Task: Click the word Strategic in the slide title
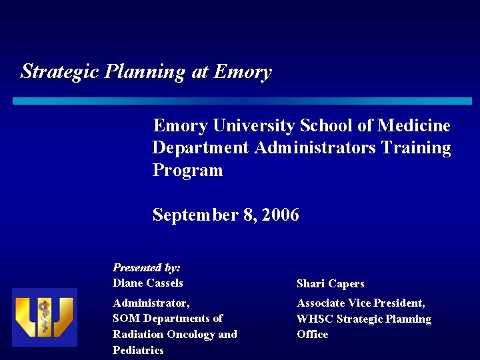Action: [60, 71]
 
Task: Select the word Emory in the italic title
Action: [243, 71]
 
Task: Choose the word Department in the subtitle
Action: [201, 147]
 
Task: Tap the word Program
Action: [187, 170]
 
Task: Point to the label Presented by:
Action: [147, 267]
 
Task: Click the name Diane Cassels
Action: [147, 283]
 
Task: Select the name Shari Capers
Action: [330, 283]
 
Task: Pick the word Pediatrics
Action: [138, 350]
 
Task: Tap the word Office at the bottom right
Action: [312, 334]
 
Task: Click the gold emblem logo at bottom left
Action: [45, 317]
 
